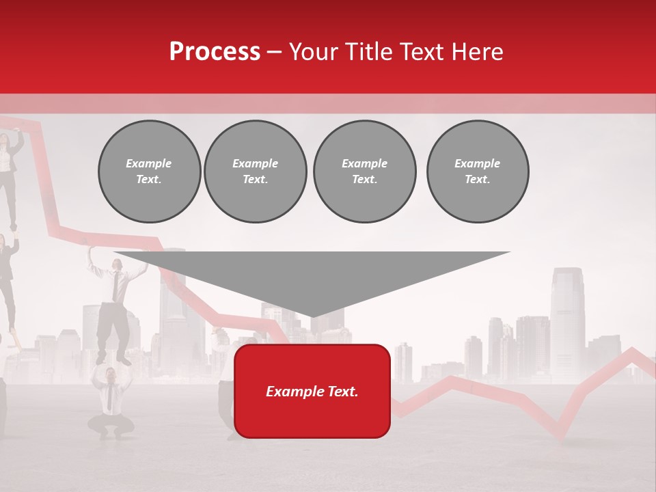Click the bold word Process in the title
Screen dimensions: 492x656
pyautogui.click(x=215, y=52)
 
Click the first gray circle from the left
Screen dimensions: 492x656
pyautogui.click(x=149, y=172)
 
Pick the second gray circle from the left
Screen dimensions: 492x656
pyautogui.click(x=256, y=172)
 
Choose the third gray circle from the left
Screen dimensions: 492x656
pyautogui.click(x=364, y=172)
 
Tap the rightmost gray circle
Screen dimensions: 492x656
pyautogui.click(x=478, y=172)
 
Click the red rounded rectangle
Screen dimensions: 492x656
pyautogui.click(x=312, y=417)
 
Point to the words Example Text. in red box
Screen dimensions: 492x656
pyautogui.click(x=312, y=392)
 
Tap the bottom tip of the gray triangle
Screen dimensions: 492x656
pyautogui.click(x=312, y=316)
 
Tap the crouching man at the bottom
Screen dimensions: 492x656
pyautogui.click(x=109, y=403)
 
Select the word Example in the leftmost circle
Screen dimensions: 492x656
pyautogui.click(x=149, y=163)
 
